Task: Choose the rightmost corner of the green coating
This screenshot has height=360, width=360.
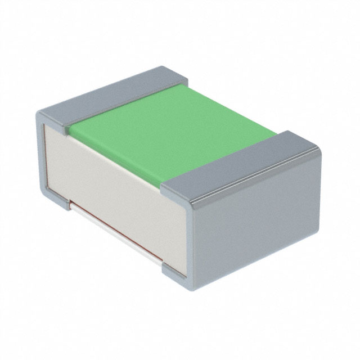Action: (x=276, y=133)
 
